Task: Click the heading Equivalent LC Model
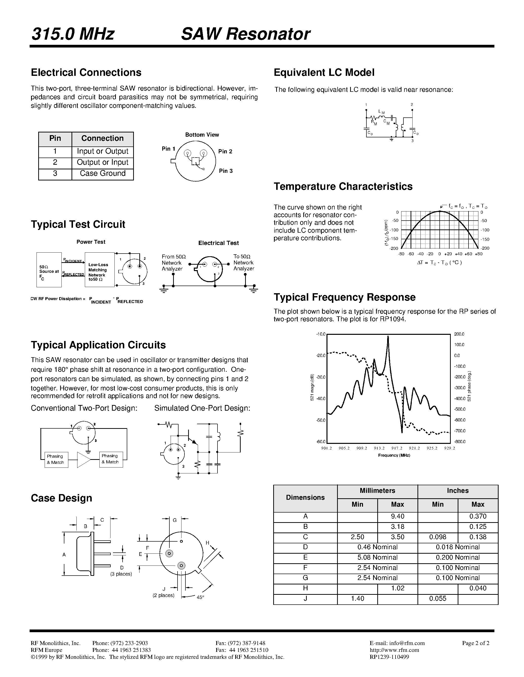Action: pos(324,73)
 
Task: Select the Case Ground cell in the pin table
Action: pos(102,173)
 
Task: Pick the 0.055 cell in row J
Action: pos(438,598)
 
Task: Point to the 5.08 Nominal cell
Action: pos(377,557)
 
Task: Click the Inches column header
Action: pos(458,490)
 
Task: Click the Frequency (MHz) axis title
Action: pos(394,455)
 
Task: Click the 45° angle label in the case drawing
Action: pos(200,597)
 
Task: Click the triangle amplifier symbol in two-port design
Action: pos(83,459)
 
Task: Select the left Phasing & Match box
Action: pos(56,459)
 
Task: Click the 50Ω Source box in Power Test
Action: pos(49,270)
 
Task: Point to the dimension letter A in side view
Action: pos(64,555)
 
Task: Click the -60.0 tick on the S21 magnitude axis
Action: pos(321,442)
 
